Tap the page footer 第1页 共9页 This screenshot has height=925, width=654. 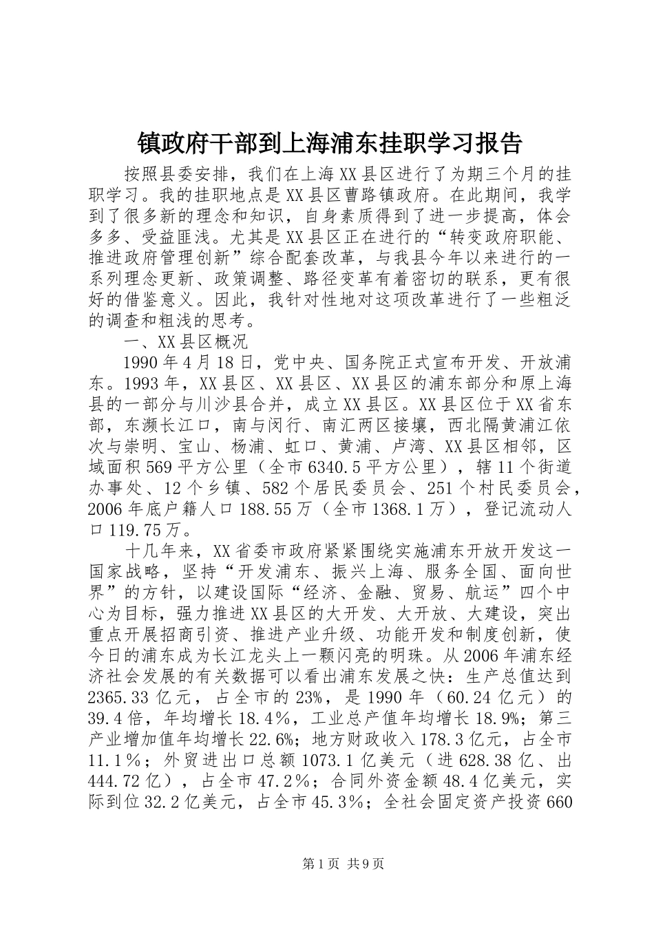(x=326, y=863)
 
